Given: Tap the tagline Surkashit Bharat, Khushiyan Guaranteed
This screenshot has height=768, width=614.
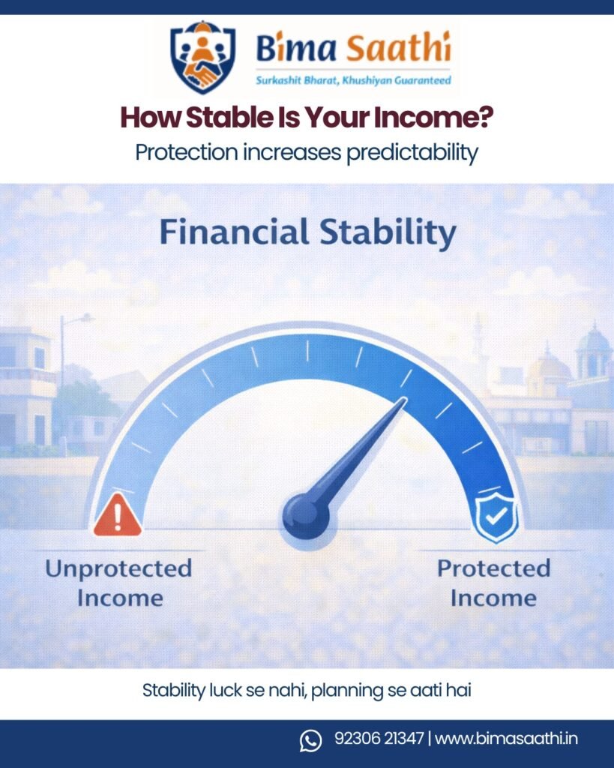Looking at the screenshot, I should point(353,79).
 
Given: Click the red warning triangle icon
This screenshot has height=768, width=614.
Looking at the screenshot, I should point(117,515).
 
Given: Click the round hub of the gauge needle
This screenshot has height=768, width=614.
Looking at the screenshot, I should point(305,514).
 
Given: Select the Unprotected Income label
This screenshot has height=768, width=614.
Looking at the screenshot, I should point(118,582).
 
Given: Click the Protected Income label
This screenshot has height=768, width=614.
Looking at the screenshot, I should point(493,582).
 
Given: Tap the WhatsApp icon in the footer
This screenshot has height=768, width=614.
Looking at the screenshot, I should point(310,739).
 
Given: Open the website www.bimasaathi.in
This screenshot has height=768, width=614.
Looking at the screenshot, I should point(506,739).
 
